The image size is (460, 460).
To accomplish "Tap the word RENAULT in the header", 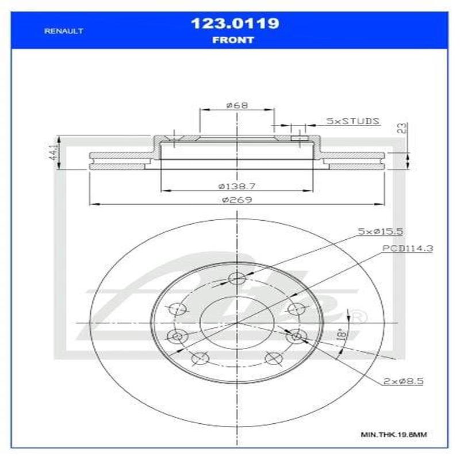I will pos(64,31).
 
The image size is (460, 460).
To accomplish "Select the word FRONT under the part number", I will pos(233,40).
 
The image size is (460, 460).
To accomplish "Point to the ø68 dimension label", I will pos(236,105).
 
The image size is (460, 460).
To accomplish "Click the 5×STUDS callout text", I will pos(352,121).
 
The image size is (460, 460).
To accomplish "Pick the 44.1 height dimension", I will pos(54,154).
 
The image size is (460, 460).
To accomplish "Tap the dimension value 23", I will pos(402,128).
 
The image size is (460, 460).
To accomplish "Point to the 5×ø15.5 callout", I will pos(380,231).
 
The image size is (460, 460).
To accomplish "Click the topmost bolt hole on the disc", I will pos(237,279).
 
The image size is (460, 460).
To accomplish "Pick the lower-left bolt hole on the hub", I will pos(200,358).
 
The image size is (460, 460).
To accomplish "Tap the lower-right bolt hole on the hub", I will pos(273,358).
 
